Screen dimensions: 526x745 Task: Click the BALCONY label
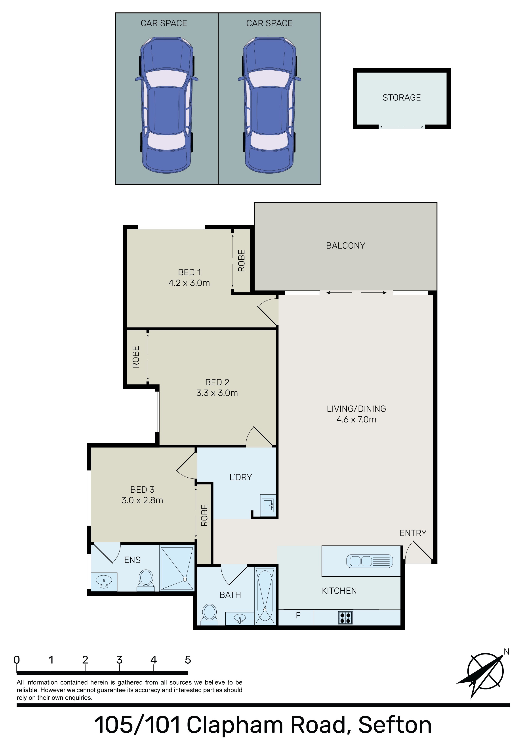[x=345, y=246]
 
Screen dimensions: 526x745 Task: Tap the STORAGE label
[x=402, y=98]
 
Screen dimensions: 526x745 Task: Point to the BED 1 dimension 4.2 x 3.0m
[x=189, y=283]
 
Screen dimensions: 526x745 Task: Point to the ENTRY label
[x=413, y=533]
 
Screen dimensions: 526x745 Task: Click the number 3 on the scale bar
[x=119, y=660]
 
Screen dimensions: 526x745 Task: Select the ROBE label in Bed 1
[x=242, y=261]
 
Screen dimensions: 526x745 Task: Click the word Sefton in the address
[x=395, y=726]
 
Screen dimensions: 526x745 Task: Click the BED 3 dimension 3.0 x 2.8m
[x=142, y=500]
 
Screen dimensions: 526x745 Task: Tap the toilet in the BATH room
[x=209, y=614]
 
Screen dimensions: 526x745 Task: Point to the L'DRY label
[x=241, y=477]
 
